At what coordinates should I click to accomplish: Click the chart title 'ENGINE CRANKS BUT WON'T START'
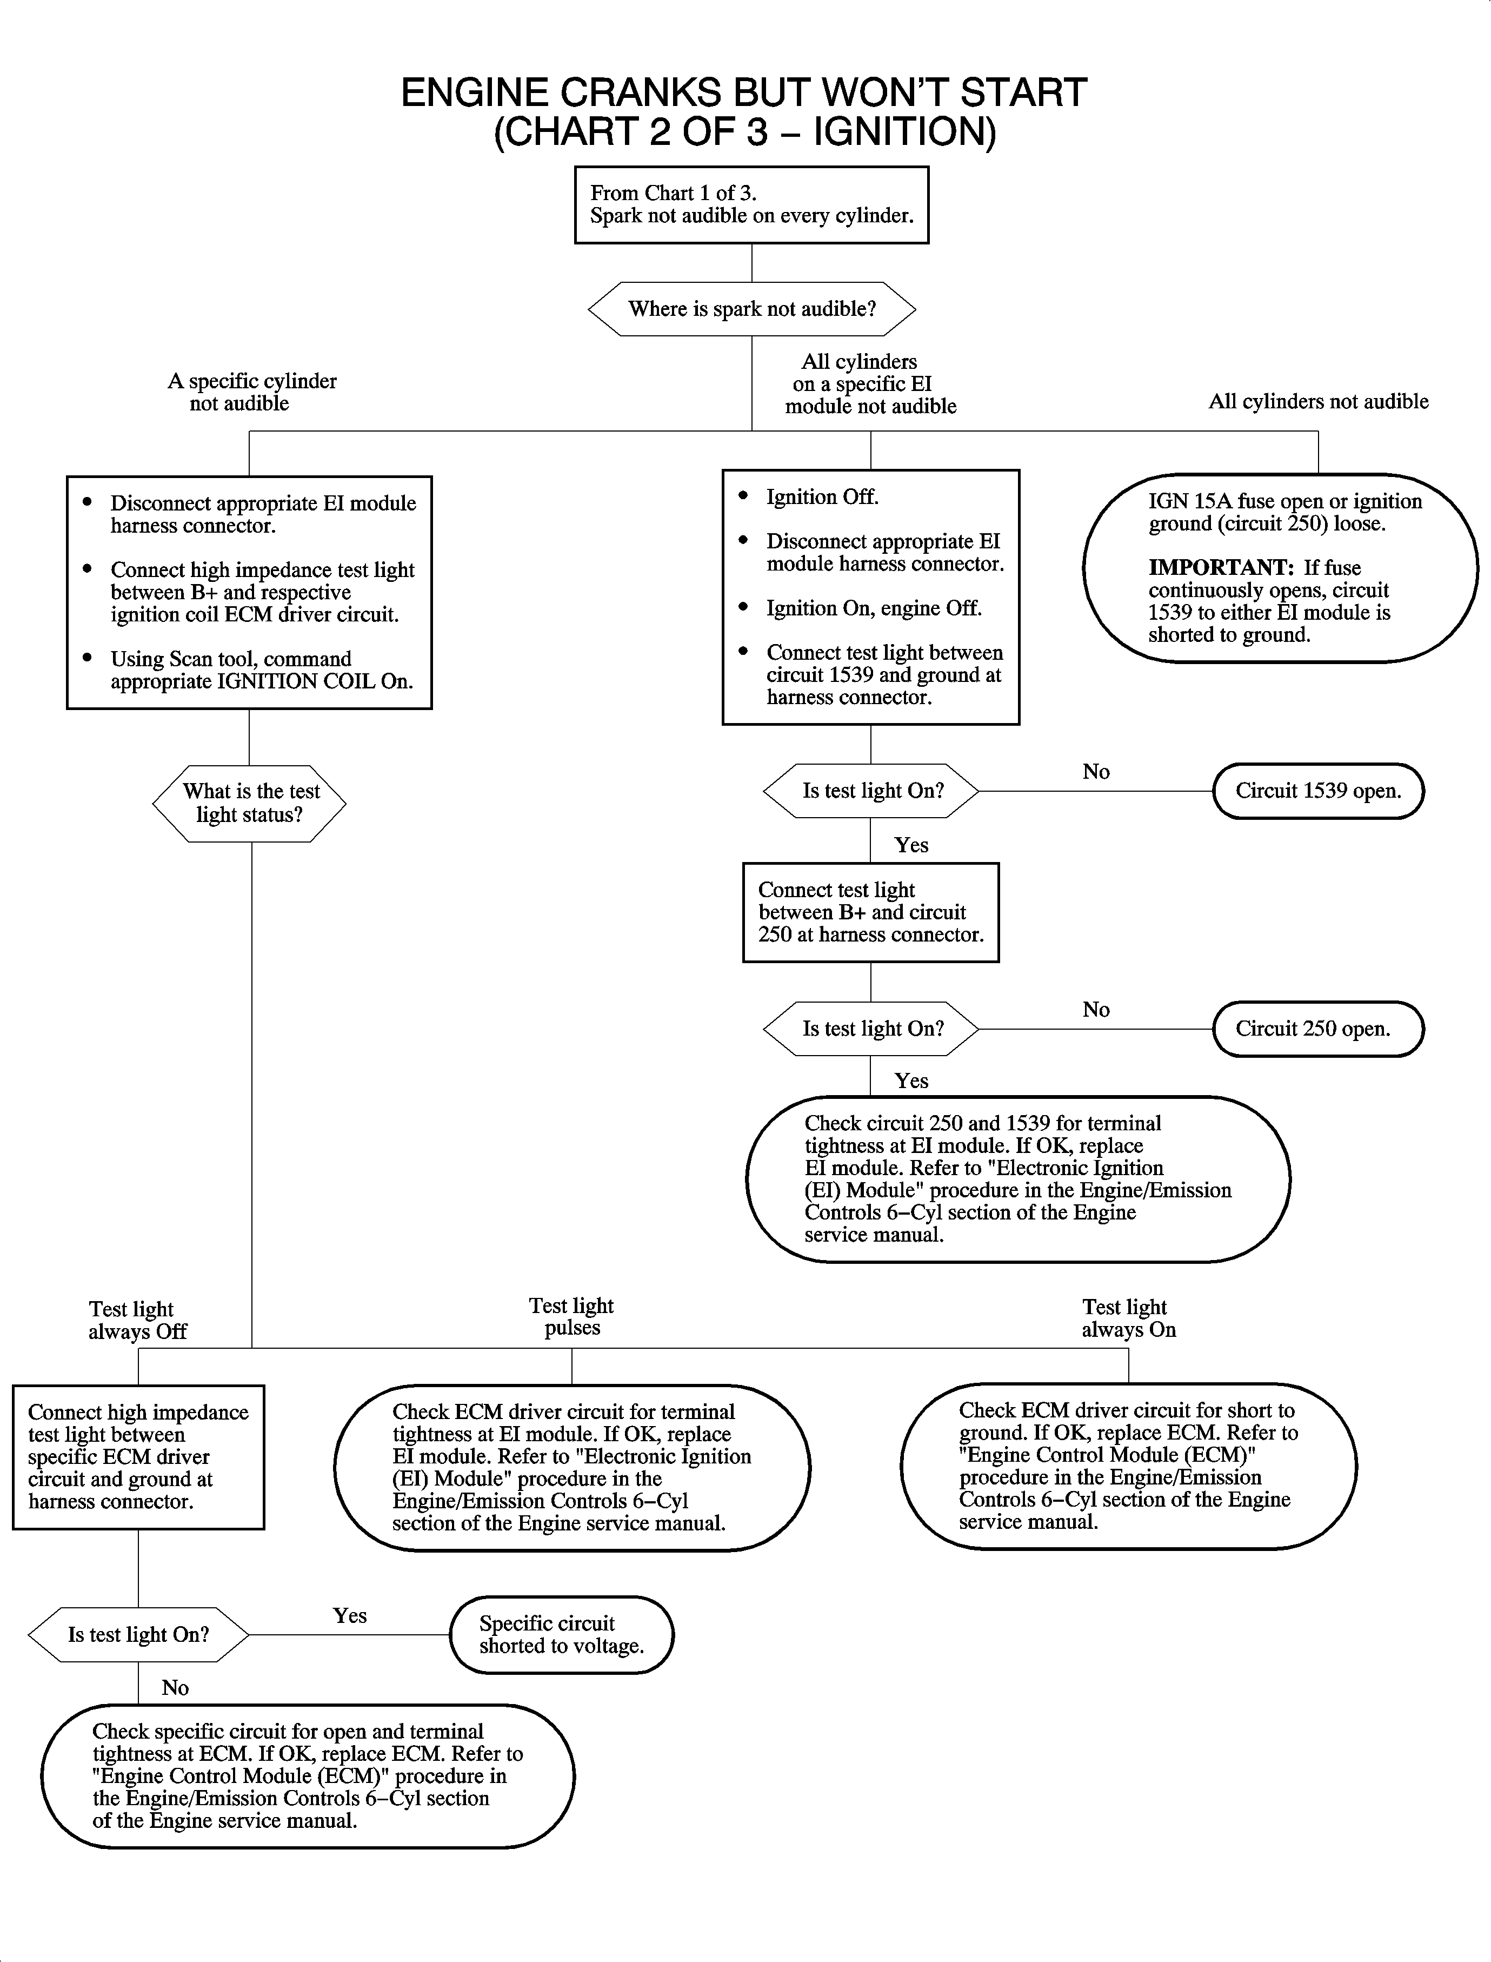click(744, 93)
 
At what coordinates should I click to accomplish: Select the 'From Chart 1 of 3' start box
click(751, 205)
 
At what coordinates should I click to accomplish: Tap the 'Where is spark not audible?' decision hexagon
click(751, 309)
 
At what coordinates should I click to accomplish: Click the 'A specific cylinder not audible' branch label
click(251, 392)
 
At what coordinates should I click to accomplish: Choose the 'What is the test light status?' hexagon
click(249, 803)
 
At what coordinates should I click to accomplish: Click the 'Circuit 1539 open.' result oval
click(1318, 791)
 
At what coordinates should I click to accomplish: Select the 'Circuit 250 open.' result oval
click(1318, 1029)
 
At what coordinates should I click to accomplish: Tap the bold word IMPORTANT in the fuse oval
click(1220, 567)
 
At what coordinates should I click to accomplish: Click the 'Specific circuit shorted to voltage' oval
click(561, 1634)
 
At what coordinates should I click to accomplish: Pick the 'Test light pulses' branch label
click(571, 1317)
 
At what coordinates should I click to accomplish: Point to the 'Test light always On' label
click(1128, 1318)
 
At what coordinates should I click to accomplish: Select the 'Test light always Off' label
click(137, 1320)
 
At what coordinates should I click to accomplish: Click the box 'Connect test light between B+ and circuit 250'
click(870, 912)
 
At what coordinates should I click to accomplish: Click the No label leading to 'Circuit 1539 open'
click(1096, 772)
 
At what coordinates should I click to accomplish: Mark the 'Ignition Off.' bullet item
click(822, 497)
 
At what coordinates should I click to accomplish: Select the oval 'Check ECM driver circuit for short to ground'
click(1128, 1466)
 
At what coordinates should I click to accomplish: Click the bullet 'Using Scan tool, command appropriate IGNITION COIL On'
click(261, 670)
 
